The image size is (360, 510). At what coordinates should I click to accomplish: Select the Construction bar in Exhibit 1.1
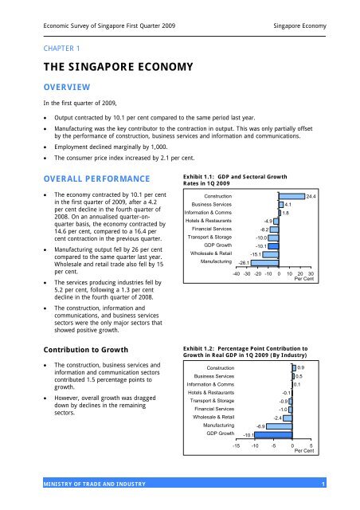(x=292, y=195)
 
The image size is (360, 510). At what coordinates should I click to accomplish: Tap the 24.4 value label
(x=311, y=195)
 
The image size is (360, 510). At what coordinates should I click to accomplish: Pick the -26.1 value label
(x=243, y=262)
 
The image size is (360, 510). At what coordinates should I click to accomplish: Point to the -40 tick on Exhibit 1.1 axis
(x=237, y=273)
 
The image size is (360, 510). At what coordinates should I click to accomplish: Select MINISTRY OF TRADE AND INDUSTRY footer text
(x=86, y=484)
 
